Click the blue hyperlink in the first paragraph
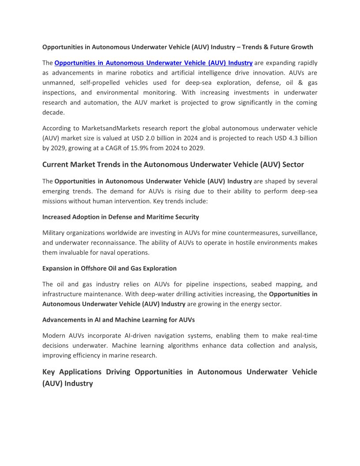pyautogui.click(x=153, y=63)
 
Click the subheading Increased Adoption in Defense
pyautogui.click(x=120, y=217)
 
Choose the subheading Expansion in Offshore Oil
pyautogui.click(x=109, y=268)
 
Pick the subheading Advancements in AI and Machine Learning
pyautogui.click(x=118, y=319)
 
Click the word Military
pyautogui.click(x=54, y=233)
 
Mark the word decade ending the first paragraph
pyautogui.click(x=53, y=112)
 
